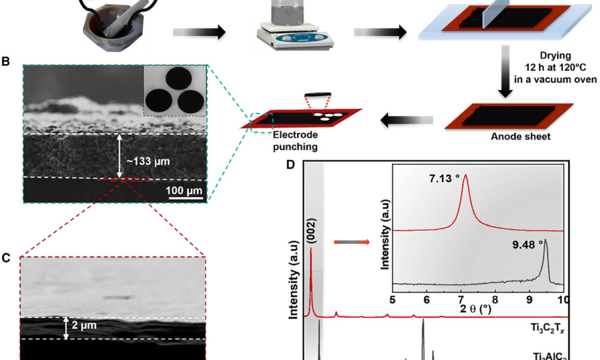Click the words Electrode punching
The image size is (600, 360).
(x=290, y=140)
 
